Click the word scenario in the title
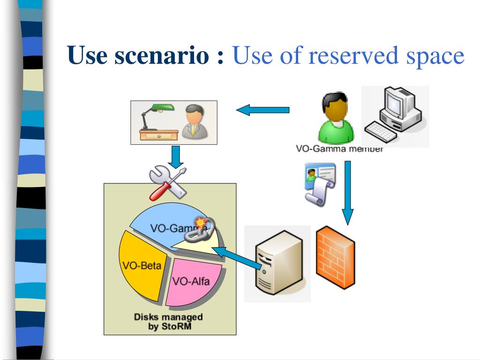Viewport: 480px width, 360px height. [x=159, y=56]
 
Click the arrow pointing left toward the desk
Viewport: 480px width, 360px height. [x=262, y=111]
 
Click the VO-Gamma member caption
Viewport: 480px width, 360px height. [x=339, y=149]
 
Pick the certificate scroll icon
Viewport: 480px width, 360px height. [x=319, y=183]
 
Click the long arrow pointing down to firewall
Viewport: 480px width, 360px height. [x=347, y=192]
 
